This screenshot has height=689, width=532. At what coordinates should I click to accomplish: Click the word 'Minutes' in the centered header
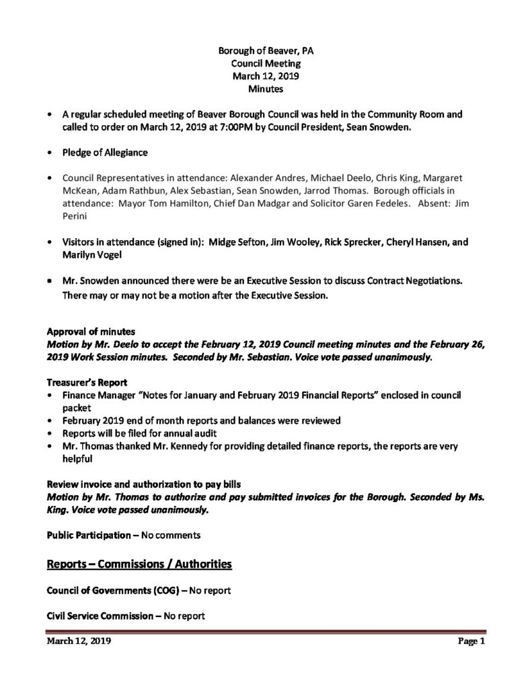click(265, 88)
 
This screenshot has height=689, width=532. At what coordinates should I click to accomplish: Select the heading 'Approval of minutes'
click(91, 332)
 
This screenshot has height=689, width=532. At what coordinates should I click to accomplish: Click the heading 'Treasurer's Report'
click(87, 382)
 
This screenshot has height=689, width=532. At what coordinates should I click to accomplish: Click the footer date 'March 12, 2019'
click(78, 642)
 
